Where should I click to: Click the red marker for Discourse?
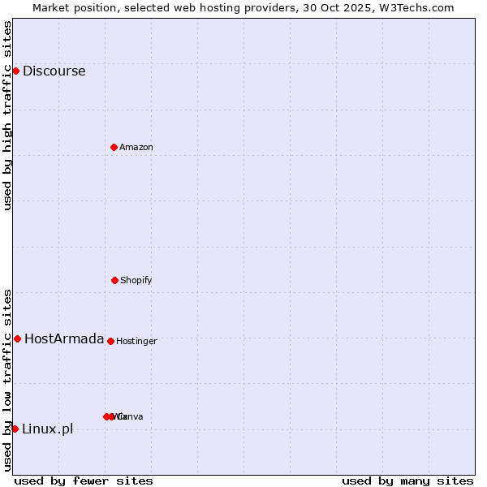15,71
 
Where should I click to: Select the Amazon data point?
114,147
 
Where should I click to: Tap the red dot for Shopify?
114,280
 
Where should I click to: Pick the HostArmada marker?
17,338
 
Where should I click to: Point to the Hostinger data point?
110,341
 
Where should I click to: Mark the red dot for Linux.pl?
15,429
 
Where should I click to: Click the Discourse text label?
54,71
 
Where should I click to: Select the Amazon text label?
136,147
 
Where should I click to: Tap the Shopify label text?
136,280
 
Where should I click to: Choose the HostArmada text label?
64,338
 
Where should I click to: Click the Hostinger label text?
136,341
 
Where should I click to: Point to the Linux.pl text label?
47,429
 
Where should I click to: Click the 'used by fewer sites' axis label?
84,481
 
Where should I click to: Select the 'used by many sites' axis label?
407,481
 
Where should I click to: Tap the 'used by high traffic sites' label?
7,115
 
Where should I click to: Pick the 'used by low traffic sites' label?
7,380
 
